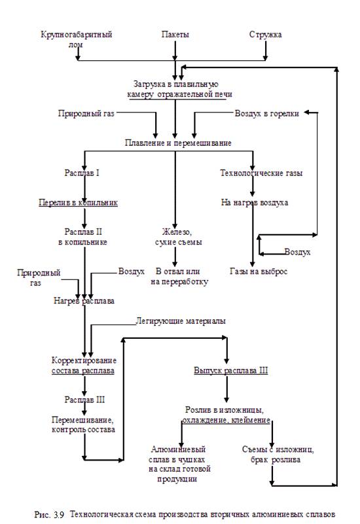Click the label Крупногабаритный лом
pos(76,39)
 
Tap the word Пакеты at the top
pos(175,35)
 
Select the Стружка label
pos(265,35)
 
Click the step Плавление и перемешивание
pos(178,143)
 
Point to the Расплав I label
pos(82,173)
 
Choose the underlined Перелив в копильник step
pos(78,202)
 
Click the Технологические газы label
pos(261,173)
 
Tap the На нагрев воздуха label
pos(255,202)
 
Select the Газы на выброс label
pos(259,271)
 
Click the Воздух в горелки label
pos(267,113)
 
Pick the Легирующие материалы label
pos(181,321)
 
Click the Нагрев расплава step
pos(84,301)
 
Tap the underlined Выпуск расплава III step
pos(231,371)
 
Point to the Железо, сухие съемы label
pos(178,237)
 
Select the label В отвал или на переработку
pos(179,276)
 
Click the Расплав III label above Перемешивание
pos(84,400)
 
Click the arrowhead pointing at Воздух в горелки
pos(306,113)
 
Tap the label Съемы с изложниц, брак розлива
pos(278,455)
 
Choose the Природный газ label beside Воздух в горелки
pos(86,113)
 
